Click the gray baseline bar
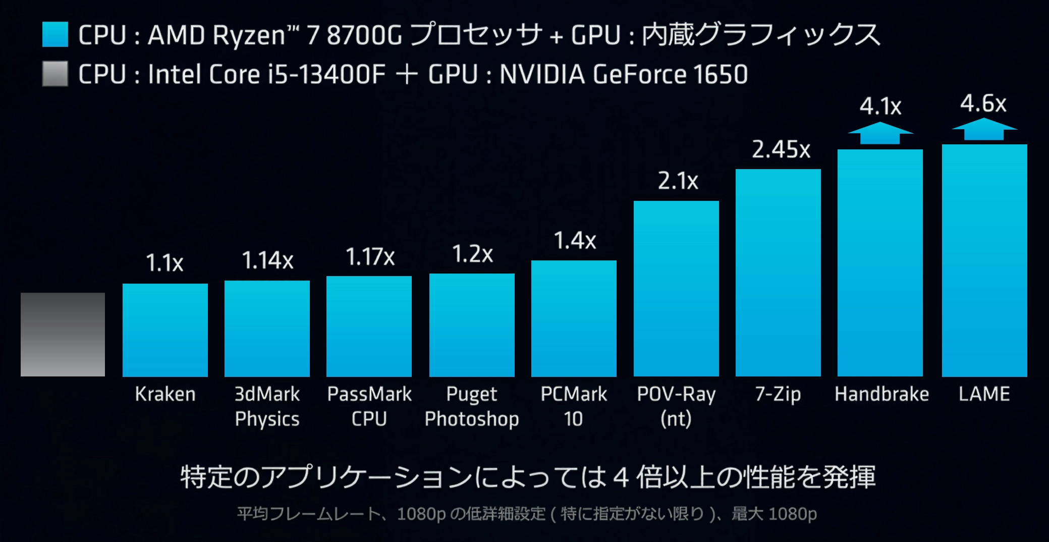tap(63, 334)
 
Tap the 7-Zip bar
tap(778, 273)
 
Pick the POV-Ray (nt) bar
tap(676, 288)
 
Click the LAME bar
tap(984, 260)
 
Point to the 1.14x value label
tap(267, 260)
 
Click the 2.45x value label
tap(781, 149)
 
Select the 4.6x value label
tap(983, 104)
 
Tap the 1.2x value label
tap(472, 254)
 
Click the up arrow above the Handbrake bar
tap(880, 133)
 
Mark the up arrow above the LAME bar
tap(984, 129)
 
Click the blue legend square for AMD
tap(55, 34)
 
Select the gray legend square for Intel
tap(55, 74)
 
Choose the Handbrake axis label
tap(881, 394)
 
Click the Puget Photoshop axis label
tap(472, 406)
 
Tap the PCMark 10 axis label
tap(574, 406)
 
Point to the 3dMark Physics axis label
tap(267, 406)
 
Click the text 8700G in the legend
tap(364, 35)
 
